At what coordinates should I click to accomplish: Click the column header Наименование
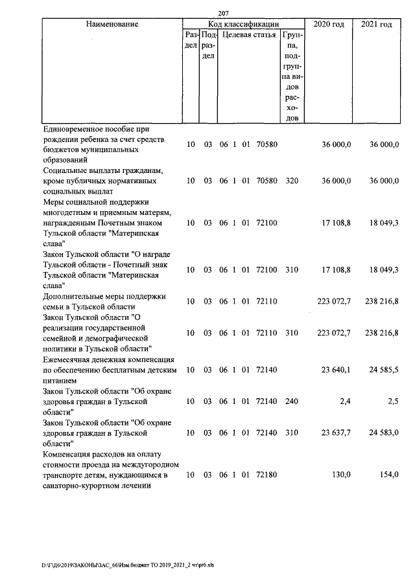tap(112, 24)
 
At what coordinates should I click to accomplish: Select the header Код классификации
tap(243, 24)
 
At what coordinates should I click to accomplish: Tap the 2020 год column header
tap(328, 24)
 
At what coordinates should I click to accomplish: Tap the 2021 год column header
tap(376, 24)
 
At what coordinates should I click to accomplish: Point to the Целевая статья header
tap(249, 34)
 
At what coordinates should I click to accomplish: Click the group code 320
tap(291, 181)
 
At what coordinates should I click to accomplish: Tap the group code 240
tap(291, 401)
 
